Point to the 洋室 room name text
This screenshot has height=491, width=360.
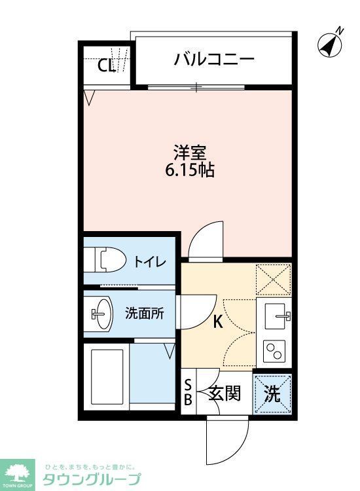[x=190, y=154]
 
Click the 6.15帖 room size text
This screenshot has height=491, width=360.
[x=190, y=171]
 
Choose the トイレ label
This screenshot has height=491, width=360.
[x=150, y=261]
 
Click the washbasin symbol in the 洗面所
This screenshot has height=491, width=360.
[x=101, y=314]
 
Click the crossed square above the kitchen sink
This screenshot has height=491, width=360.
[x=273, y=279]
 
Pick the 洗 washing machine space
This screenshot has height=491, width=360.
[x=272, y=395]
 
